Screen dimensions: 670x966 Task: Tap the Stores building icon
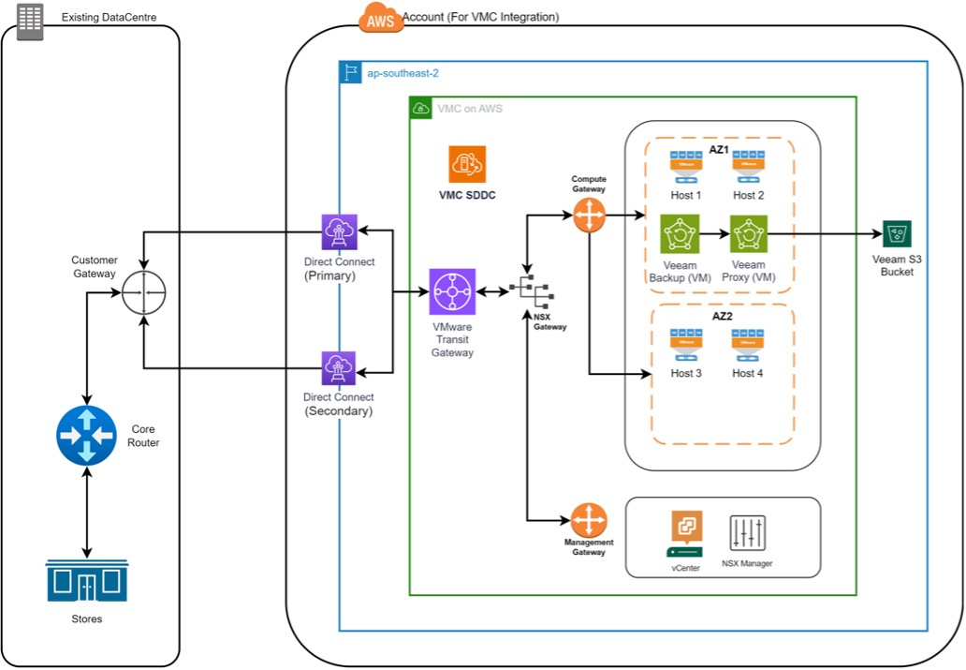click(x=86, y=581)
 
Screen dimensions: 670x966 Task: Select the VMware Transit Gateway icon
click(x=452, y=292)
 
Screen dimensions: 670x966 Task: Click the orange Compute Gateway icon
click(x=589, y=216)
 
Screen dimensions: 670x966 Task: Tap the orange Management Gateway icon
click(x=589, y=519)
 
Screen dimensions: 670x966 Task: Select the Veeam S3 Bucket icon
click(x=897, y=234)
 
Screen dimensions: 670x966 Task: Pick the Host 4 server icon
click(x=748, y=345)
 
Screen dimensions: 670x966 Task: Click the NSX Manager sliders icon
click(x=748, y=533)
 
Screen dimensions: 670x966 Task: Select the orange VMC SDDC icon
click(x=466, y=165)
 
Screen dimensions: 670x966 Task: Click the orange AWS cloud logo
click(x=380, y=17)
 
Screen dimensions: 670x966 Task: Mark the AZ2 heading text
click(x=722, y=316)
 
